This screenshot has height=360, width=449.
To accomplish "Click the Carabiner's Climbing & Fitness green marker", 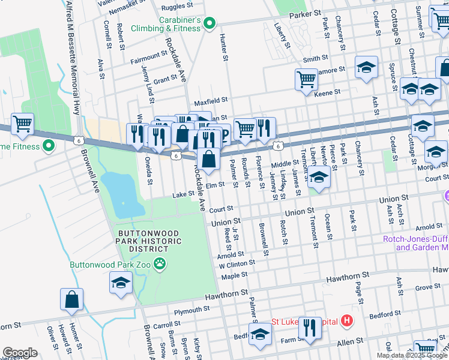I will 209,23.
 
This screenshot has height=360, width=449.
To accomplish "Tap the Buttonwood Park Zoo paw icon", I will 159,263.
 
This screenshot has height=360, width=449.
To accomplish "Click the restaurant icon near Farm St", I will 310,328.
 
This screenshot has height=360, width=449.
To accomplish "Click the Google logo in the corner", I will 20,353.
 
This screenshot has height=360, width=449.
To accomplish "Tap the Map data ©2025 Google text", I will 412,355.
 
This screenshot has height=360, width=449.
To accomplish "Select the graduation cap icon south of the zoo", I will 121,283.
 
